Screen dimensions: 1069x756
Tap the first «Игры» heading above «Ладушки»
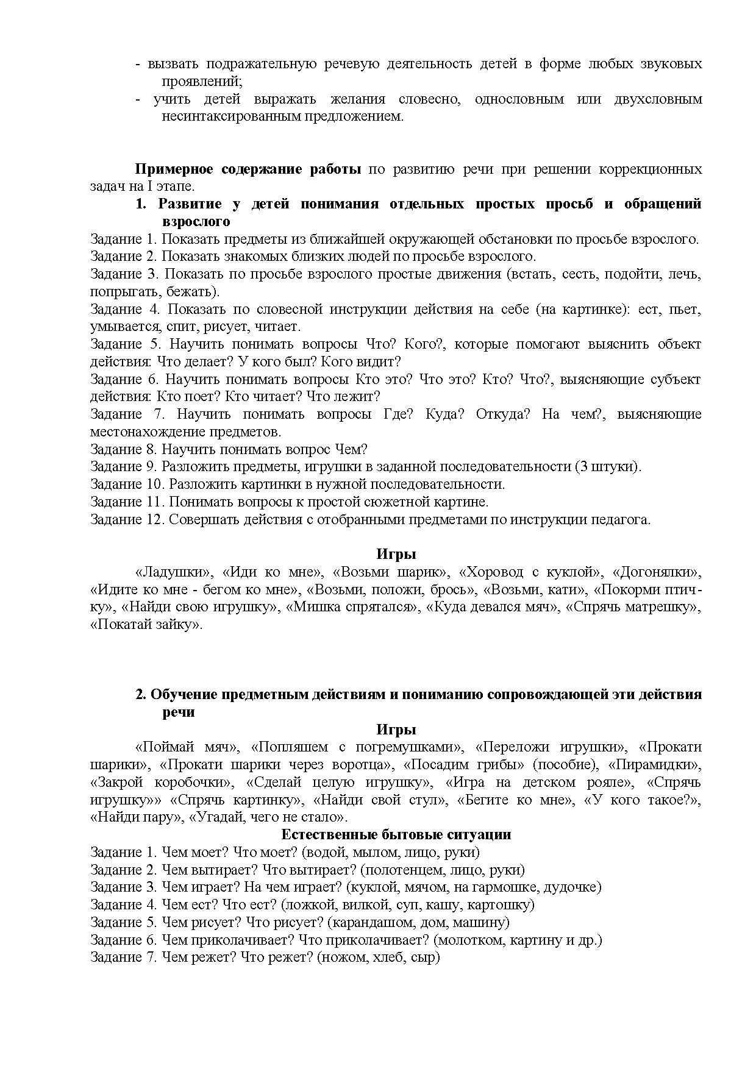click(396, 554)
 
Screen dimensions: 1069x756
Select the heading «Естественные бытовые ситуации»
click(396, 834)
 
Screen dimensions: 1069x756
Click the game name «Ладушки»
click(174, 572)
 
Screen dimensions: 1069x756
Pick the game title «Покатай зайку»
click(146, 625)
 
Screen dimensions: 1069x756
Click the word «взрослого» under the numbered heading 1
click(196, 221)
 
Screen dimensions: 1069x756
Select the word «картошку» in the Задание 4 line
click(504, 904)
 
